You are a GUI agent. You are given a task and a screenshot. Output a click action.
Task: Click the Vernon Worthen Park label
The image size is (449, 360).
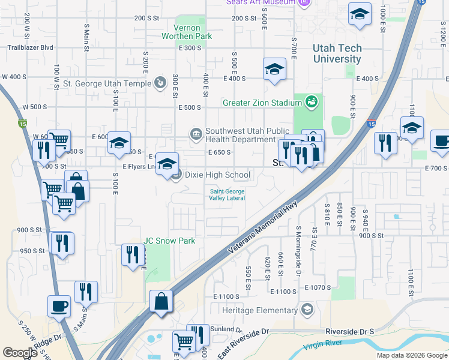point(186,32)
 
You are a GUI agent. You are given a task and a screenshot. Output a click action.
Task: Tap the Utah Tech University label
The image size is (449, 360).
point(337,53)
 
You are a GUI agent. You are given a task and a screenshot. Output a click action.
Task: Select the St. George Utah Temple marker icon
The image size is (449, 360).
point(160,82)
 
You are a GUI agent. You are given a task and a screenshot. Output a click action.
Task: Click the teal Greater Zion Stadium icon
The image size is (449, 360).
point(311,102)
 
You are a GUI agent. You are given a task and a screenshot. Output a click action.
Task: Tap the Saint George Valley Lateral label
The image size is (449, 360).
point(227,195)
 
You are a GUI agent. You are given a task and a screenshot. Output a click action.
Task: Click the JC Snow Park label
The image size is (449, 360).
point(169,241)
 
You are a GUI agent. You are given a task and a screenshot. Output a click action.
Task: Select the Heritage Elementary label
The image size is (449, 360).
point(259,310)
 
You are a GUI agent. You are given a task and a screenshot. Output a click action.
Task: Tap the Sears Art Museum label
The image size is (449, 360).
point(261,2)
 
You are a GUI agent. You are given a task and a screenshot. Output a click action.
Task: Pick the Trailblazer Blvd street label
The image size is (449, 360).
point(31,47)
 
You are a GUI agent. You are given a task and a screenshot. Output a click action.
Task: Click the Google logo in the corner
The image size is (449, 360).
point(20,352)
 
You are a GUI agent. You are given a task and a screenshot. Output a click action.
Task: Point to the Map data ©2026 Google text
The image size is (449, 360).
point(411,355)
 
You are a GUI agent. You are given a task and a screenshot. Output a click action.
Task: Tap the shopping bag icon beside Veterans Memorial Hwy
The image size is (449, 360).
point(162,301)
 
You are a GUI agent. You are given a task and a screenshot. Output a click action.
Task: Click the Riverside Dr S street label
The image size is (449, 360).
point(349,331)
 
